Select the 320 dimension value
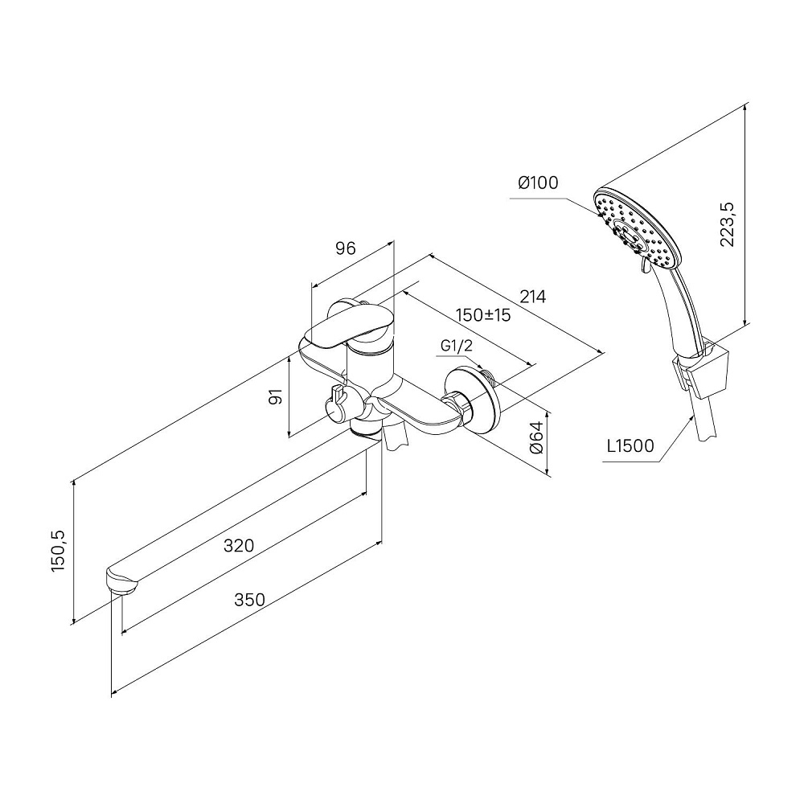(239, 546)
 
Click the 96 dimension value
(345, 248)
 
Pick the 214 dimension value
(532, 297)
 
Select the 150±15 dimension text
(483, 314)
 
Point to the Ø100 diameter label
(538, 183)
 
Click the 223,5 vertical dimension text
(730, 225)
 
